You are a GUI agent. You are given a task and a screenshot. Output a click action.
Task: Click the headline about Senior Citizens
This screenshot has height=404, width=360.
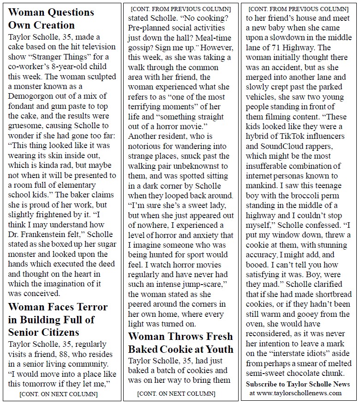click(x=58, y=319)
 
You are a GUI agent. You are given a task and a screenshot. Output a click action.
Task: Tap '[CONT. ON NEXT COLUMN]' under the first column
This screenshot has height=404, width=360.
click(x=58, y=394)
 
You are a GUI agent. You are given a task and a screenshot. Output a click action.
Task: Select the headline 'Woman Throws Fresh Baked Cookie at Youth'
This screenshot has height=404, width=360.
click(x=180, y=342)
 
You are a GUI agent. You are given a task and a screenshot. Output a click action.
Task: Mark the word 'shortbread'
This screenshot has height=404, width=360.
click(x=329, y=294)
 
